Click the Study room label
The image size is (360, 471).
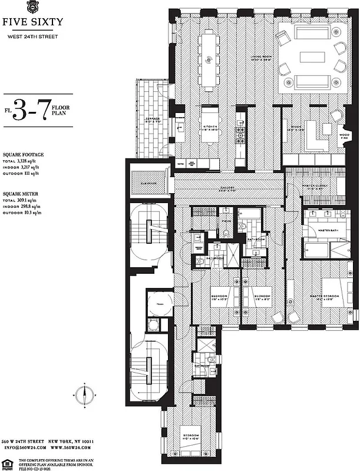point(296,128)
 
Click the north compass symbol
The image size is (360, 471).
point(84,393)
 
